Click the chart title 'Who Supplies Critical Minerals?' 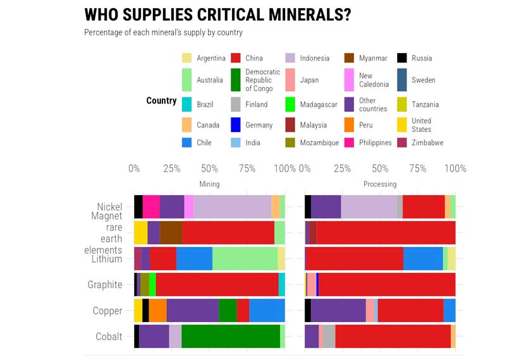217,15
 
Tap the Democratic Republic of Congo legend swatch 235,80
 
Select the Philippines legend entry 375,143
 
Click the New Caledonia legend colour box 349,80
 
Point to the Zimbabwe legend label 427,143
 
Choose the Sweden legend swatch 402,80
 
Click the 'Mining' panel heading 209,184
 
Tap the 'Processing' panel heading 380,184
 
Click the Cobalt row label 109,336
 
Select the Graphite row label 105,285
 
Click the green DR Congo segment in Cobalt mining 230,336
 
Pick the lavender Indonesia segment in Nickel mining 232,207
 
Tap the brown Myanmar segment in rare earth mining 171,233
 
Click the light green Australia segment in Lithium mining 245,259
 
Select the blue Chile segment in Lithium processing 423,259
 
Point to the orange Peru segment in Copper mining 157,310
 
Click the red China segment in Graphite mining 217,285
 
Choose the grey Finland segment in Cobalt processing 329,336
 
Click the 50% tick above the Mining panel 209,169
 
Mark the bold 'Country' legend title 161,101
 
